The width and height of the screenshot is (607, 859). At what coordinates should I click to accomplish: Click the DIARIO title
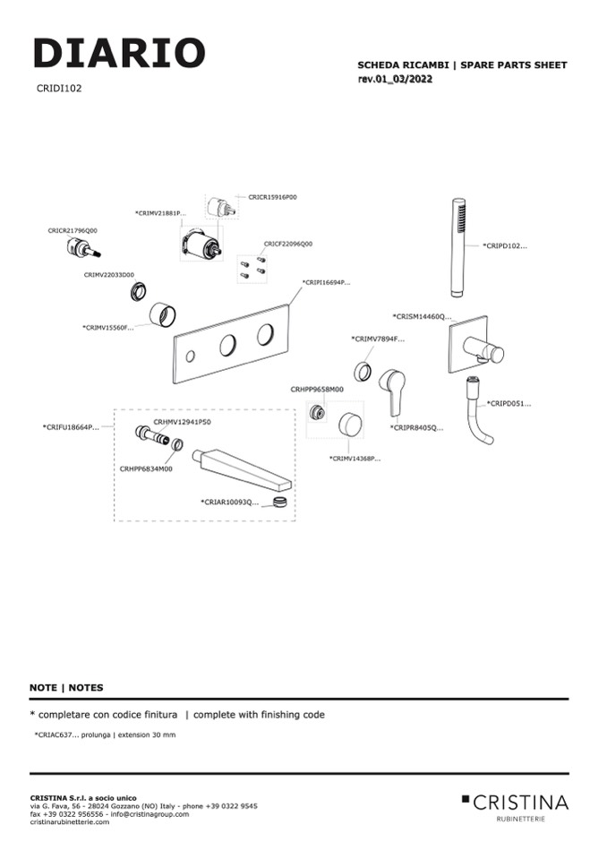(119, 54)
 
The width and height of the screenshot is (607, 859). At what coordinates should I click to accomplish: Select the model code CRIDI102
(59, 89)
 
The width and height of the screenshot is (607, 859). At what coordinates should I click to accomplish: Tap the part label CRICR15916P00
(272, 196)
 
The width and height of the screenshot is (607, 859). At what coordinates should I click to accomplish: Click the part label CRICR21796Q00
(73, 230)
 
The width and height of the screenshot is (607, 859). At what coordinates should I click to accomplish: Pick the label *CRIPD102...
(505, 245)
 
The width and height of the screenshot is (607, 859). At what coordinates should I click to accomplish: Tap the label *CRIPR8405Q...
(416, 428)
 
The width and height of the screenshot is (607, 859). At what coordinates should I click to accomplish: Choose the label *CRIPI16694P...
(326, 282)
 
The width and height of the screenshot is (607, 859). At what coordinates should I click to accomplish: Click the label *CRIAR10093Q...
(229, 503)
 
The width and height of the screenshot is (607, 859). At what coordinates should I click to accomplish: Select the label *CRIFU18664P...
(71, 427)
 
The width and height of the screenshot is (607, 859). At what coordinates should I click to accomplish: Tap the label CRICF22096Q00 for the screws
(287, 244)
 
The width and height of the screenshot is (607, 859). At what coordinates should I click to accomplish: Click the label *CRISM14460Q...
(423, 316)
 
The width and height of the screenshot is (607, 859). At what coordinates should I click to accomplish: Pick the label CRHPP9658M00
(316, 390)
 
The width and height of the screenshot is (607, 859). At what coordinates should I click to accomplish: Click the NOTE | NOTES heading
(66, 688)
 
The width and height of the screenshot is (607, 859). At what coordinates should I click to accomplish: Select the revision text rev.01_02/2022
(395, 80)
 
